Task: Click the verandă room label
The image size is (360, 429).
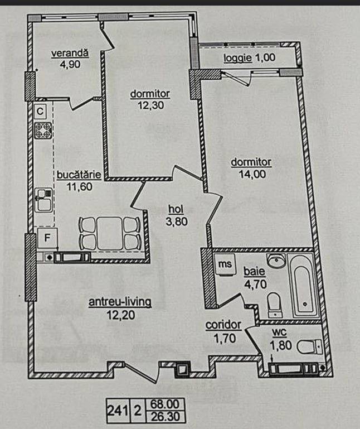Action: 70,53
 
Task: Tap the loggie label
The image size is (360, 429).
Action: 237,57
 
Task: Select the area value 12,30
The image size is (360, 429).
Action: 150,105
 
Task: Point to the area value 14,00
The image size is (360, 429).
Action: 252,174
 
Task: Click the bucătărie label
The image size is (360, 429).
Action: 79,175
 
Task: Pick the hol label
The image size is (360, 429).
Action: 176,209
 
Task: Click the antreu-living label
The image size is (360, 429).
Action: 120,302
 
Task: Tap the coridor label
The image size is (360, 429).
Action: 223,325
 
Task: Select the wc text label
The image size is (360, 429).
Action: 279,332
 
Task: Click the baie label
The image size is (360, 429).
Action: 255,272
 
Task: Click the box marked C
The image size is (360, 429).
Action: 40,111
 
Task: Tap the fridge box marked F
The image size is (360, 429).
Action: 47,238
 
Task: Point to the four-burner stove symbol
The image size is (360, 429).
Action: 43,130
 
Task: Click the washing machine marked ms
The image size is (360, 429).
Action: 225,264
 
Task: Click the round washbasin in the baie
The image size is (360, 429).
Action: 276,261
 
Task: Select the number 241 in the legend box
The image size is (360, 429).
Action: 118,411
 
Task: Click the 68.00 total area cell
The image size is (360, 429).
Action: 165,404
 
